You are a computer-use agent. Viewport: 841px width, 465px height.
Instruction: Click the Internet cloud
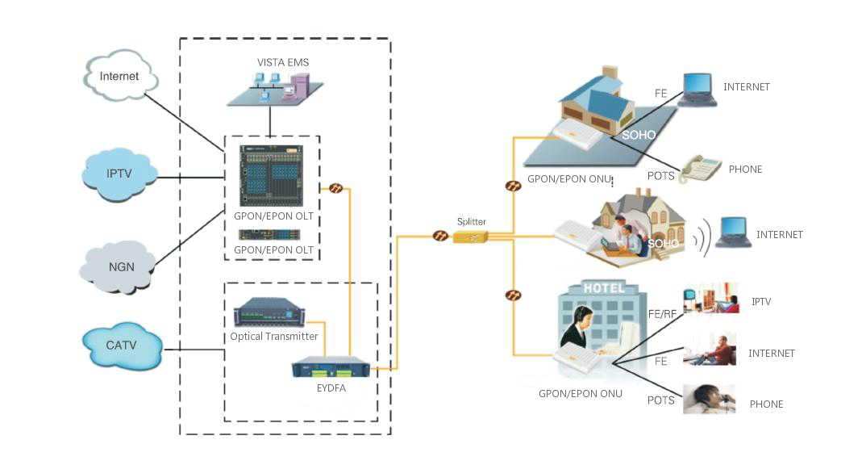tap(120, 77)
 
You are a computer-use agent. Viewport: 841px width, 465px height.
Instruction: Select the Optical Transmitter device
tap(273, 313)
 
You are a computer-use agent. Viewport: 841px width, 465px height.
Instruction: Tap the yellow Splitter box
tap(470, 237)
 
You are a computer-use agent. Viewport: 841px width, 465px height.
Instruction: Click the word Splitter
tap(471, 221)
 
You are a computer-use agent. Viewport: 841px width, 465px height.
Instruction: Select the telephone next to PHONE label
tap(699, 169)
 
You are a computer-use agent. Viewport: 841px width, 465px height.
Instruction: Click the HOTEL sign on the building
tap(604, 288)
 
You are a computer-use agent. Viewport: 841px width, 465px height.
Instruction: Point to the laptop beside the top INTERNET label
tap(697, 89)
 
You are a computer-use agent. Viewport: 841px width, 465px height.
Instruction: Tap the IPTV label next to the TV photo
tap(761, 301)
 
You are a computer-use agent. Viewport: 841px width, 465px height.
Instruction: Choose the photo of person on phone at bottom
tap(710, 400)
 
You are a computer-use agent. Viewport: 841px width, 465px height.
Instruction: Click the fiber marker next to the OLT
tap(336, 189)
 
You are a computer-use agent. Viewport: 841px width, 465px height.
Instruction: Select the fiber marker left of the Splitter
tap(440, 237)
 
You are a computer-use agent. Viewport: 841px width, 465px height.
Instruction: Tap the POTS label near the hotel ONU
tap(660, 400)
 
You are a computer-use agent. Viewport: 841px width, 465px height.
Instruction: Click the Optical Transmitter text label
tap(274, 336)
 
